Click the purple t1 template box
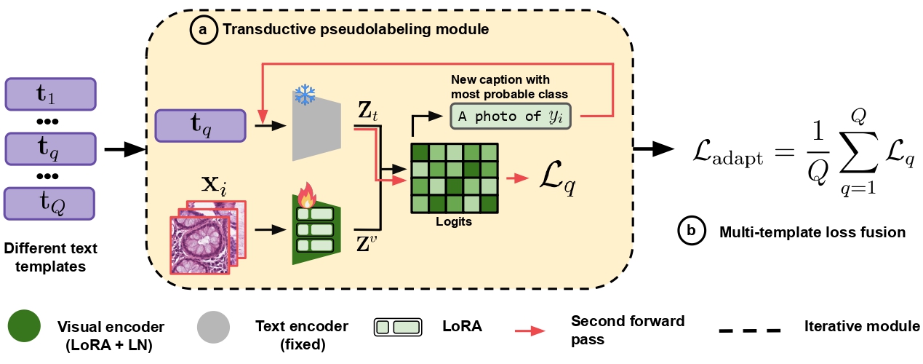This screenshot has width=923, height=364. coord(51,93)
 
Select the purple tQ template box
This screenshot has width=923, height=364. coord(51,203)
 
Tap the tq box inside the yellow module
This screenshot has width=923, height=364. coord(201,126)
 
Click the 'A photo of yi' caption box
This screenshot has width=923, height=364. coord(511,116)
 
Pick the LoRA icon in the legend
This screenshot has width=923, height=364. coord(397,327)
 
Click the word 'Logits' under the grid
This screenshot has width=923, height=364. coord(455,222)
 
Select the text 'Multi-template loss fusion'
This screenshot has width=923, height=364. coord(812,232)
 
